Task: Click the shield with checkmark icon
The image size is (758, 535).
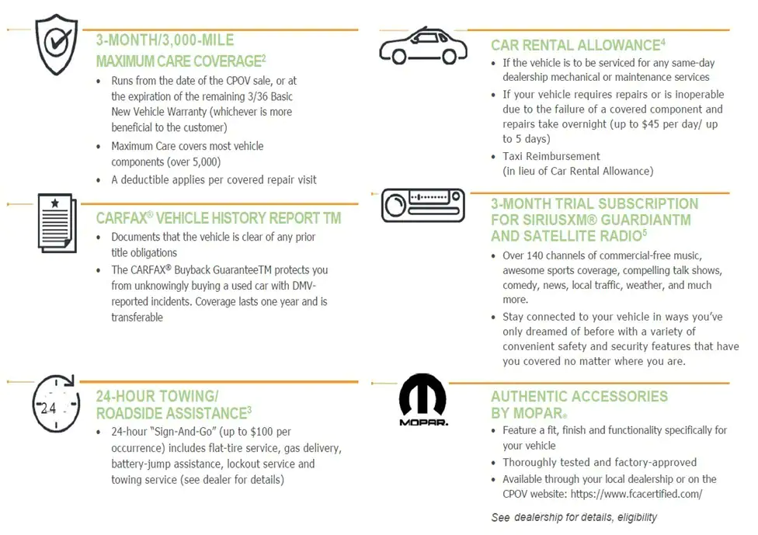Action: click(x=56, y=45)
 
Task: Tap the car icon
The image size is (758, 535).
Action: click(x=423, y=46)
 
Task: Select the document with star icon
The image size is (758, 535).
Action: click(x=56, y=223)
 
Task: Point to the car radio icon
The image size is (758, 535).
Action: click(x=423, y=206)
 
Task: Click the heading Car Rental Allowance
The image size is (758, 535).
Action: click(x=575, y=46)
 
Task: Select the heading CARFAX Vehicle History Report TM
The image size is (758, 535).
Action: click(x=218, y=218)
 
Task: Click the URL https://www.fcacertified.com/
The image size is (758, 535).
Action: click(x=636, y=494)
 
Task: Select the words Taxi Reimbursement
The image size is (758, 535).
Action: click(x=551, y=156)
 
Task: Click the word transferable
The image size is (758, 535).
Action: click(x=137, y=317)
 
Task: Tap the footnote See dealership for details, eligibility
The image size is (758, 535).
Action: click(x=574, y=517)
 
